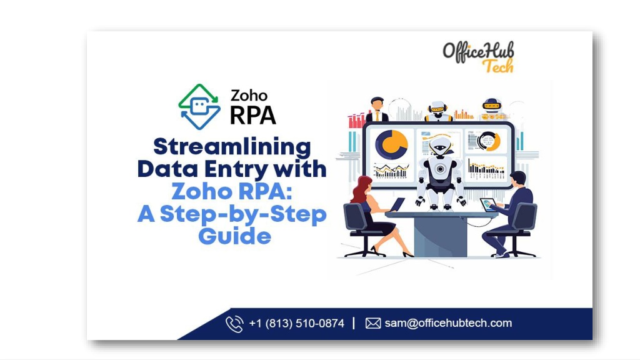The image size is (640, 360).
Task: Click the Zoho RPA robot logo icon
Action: coord(199,107)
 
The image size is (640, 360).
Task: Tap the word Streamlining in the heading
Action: coord(232,147)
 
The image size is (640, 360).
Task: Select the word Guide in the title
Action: coord(235,236)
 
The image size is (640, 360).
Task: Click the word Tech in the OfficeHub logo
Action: coord(498,66)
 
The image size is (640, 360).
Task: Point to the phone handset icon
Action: coord(235,324)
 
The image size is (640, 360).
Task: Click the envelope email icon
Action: coord(373,323)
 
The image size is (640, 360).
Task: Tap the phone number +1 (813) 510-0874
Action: coord(297,323)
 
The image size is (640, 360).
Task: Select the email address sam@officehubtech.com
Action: coord(448,323)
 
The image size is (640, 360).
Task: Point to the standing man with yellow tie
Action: coord(377,109)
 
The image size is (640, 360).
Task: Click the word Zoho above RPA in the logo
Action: coord(249,96)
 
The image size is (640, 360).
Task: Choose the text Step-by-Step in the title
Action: coord(243,214)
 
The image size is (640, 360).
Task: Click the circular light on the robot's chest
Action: coord(440,169)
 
